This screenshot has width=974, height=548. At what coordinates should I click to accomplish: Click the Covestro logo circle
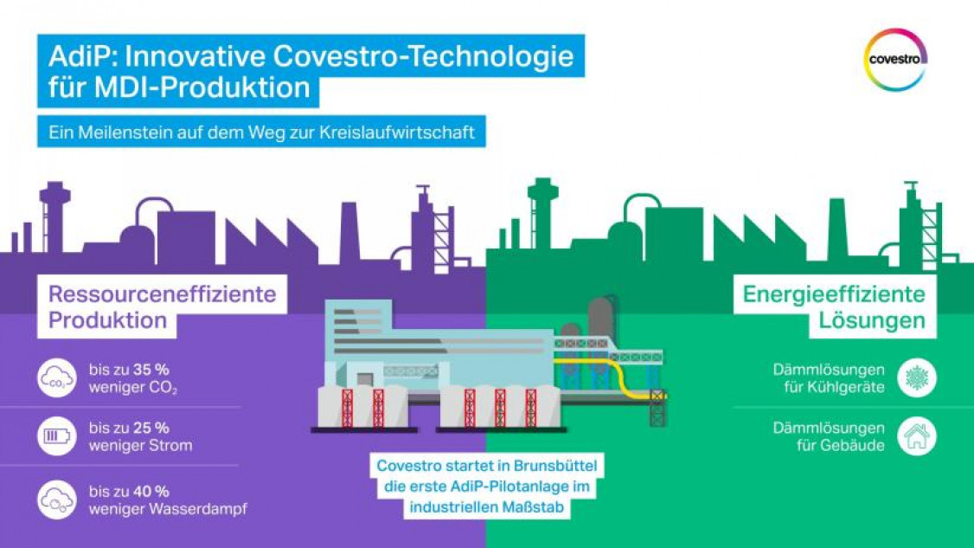[896, 33]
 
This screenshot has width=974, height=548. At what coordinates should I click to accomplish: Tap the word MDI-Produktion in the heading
[202, 87]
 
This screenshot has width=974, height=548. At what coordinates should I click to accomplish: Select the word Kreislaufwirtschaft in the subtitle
[397, 132]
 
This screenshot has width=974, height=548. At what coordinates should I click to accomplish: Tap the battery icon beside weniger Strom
[56, 436]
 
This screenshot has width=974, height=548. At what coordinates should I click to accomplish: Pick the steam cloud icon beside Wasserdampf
[56, 500]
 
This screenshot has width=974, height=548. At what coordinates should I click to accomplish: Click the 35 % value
[151, 371]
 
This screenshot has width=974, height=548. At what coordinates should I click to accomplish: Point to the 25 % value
[151, 428]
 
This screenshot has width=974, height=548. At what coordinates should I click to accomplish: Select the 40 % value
[151, 492]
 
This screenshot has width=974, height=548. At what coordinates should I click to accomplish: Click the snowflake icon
[917, 378]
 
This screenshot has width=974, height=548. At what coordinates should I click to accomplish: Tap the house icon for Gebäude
[917, 436]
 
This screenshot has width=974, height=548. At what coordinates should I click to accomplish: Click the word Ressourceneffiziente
[162, 294]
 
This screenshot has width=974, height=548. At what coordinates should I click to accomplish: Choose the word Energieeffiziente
[834, 294]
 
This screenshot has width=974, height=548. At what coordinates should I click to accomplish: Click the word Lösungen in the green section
[872, 321]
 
